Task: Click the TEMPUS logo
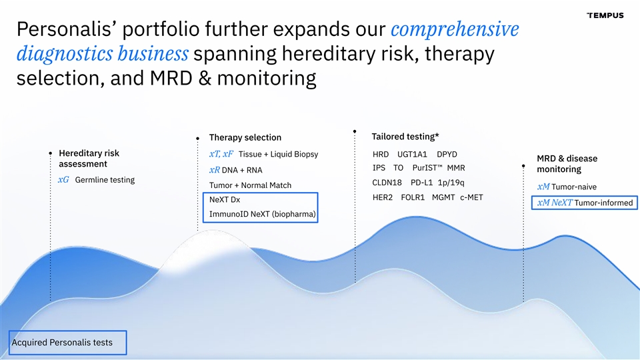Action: pyautogui.click(x=605, y=15)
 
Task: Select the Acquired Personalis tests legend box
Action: pyautogui.click(x=68, y=343)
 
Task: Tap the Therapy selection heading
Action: pyautogui.click(x=245, y=137)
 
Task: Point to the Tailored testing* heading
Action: pyautogui.click(x=405, y=136)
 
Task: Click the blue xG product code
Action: pyautogui.click(x=63, y=179)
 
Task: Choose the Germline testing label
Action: pyautogui.click(x=105, y=179)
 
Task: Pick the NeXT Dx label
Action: pyautogui.click(x=225, y=199)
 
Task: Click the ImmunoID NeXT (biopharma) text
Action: pyautogui.click(x=263, y=214)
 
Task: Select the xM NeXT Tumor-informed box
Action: pyautogui.click(x=585, y=203)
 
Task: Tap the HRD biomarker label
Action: pyautogui.click(x=381, y=154)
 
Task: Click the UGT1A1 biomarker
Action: pyautogui.click(x=412, y=154)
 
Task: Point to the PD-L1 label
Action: pyautogui.click(x=421, y=183)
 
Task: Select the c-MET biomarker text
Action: pyautogui.click(x=471, y=197)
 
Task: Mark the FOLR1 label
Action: pyautogui.click(x=413, y=197)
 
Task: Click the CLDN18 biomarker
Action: pyautogui.click(x=387, y=183)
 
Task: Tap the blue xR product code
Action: pyautogui.click(x=214, y=170)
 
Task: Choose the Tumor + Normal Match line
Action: pyautogui.click(x=250, y=185)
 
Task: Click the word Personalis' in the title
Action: pyautogui.click(x=67, y=29)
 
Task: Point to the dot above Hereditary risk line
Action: pyautogui.click(x=51, y=153)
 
